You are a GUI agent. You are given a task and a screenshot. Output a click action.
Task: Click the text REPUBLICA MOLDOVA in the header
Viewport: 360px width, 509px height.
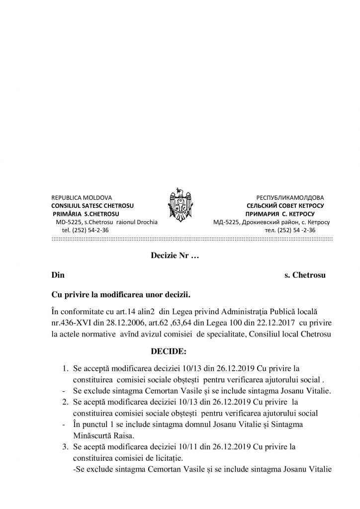click(x=82, y=197)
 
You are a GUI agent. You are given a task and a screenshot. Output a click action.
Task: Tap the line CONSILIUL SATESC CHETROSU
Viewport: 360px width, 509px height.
click(x=92, y=205)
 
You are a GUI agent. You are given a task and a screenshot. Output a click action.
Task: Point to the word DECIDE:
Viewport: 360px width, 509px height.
click(x=169, y=352)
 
